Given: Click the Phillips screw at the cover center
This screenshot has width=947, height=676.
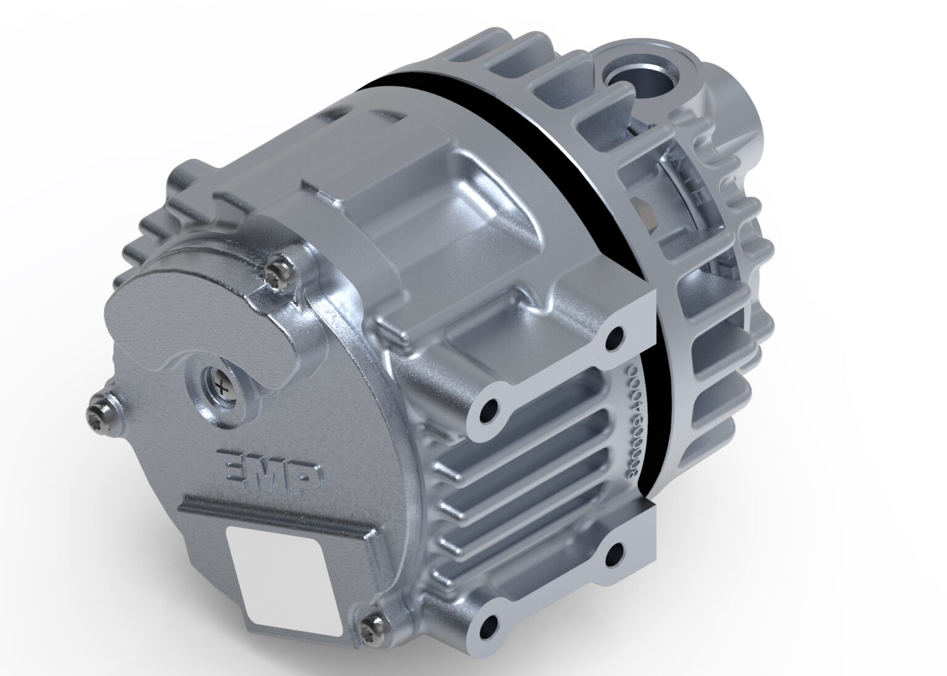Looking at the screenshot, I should coord(221,386).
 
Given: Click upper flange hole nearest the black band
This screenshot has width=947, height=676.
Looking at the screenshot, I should coord(615,337).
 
